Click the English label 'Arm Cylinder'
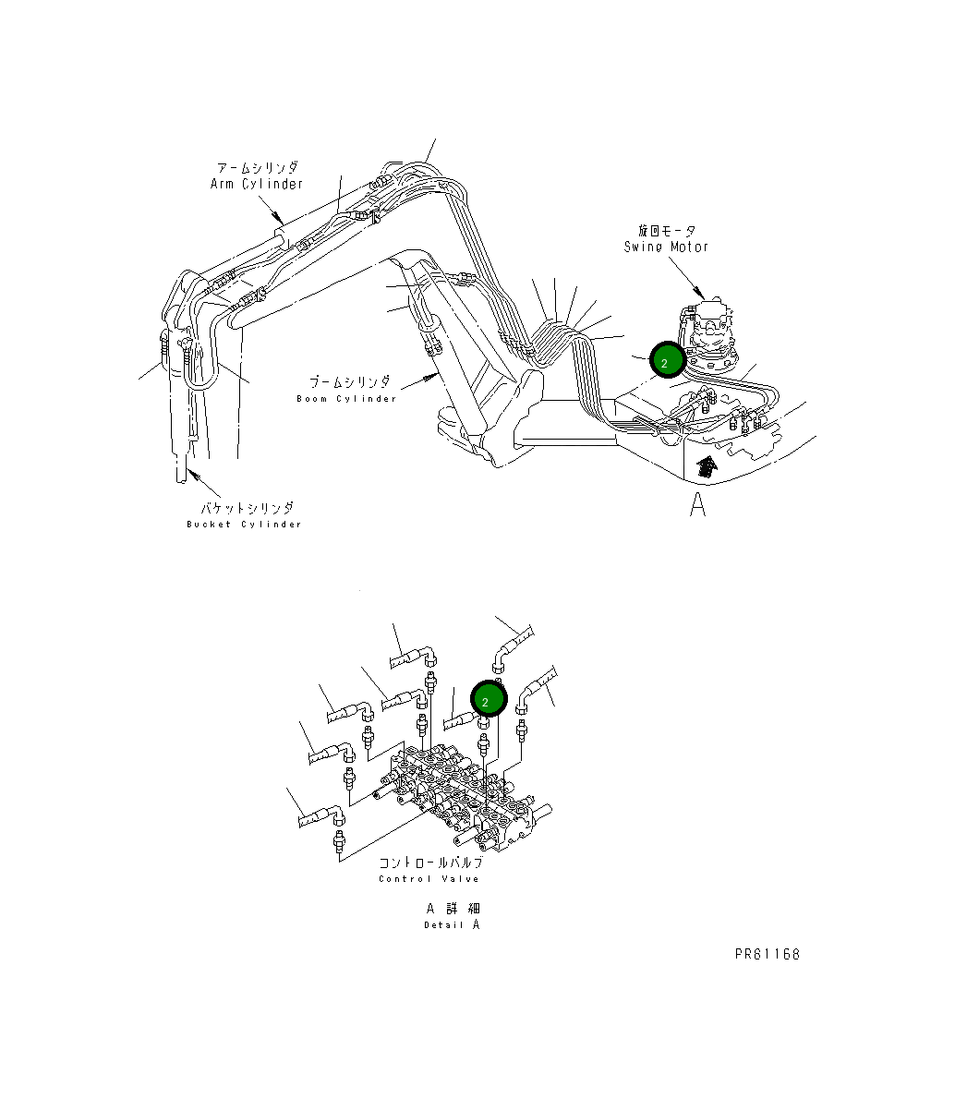click(257, 184)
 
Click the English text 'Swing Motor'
click(666, 247)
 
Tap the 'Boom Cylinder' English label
click(346, 399)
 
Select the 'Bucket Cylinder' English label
click(244, 525)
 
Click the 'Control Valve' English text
click(429, 879)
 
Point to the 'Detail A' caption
click(452, 925)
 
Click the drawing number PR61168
click(768, 954)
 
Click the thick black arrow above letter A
click(706, 466)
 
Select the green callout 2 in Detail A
click(488, 700)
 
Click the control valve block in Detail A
click(462, 799)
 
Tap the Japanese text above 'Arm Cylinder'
click(257, 168)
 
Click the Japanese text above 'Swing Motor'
click(666, 231)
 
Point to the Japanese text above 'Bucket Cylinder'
click(248, 508)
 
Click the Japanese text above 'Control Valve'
click(429, 863)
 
